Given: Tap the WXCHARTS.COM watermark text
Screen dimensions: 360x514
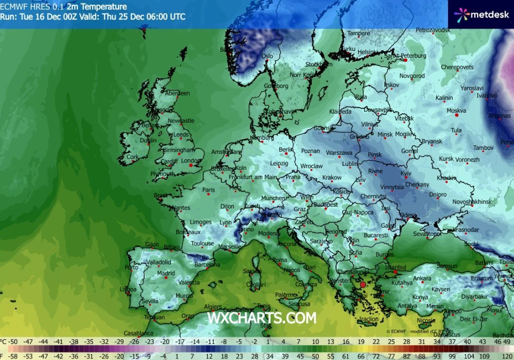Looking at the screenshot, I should pos(262,318).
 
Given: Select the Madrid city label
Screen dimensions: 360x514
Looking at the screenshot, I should pos(165,274).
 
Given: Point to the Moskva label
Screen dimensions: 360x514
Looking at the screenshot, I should pos(456,111).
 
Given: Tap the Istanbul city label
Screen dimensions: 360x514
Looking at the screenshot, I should pos(395,267).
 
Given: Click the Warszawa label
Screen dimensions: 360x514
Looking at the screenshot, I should pos(339,153).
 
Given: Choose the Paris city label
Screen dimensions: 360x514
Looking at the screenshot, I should pos(208,190).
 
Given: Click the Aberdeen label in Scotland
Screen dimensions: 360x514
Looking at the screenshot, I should pos(177,93).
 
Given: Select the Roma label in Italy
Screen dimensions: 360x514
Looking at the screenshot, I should pos(279,260).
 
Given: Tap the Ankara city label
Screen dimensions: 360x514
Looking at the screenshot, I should pos(422,278).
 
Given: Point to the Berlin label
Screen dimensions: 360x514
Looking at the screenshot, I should pos(286,150).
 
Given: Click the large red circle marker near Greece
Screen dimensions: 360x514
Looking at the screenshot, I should pos(363,285).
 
